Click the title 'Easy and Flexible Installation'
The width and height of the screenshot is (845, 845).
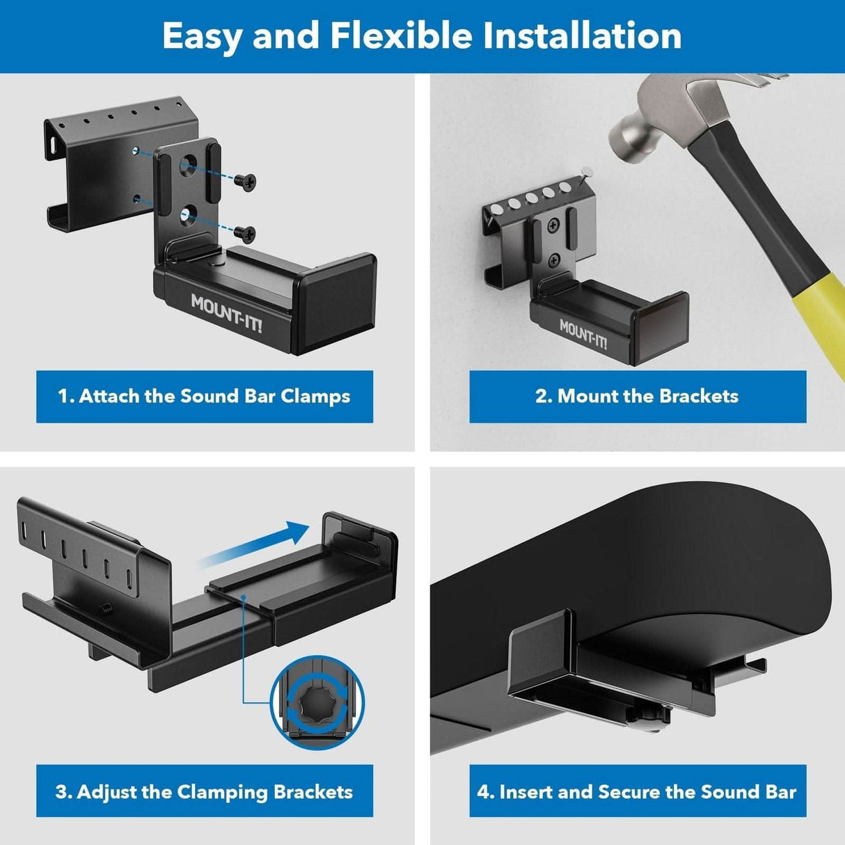pos(422,35)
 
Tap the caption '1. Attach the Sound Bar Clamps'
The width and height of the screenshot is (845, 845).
pos(204,396)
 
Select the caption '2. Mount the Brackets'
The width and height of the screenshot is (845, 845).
pos(637,396)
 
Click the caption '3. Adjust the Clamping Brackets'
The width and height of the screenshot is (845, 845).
pos(204,791)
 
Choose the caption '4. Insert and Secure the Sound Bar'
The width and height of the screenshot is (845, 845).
pos(637,791)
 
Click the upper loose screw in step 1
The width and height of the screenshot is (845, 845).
pos(245,181)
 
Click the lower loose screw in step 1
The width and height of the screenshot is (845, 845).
pos(245,232)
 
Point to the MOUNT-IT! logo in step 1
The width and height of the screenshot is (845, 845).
pos(226,313)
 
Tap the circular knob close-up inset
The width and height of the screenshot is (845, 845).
pos(317,703)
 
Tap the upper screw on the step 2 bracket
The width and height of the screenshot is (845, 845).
pos(553,225)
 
